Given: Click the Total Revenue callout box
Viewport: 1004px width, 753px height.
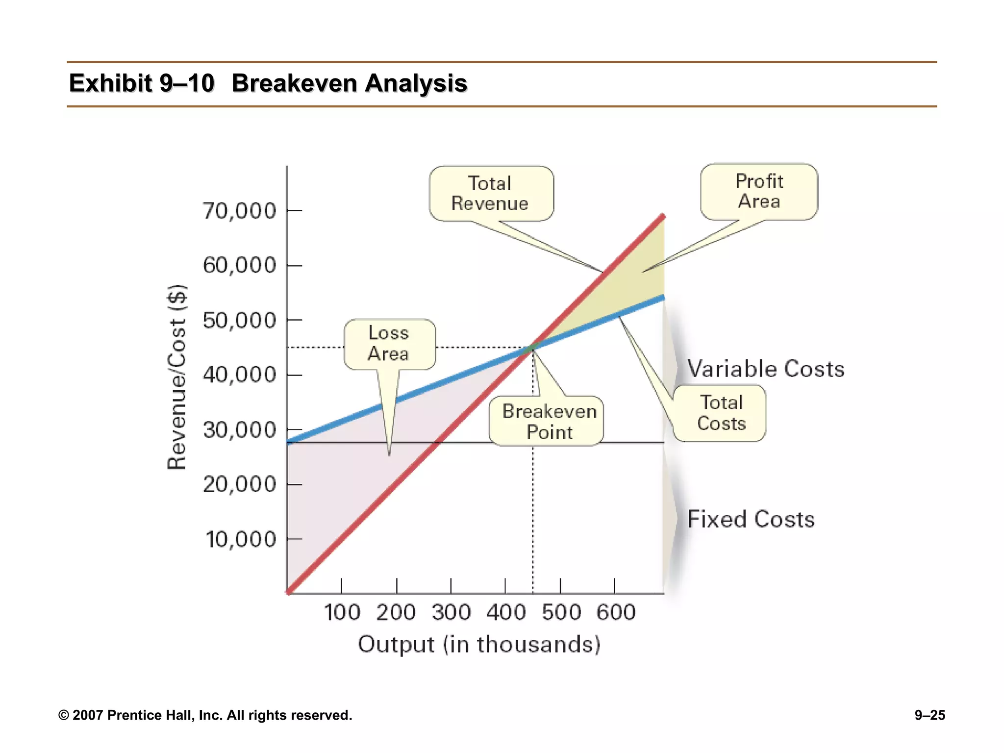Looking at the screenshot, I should (x=491, y=194).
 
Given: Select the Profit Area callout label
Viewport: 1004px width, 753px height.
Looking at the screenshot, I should (x=759, y=192).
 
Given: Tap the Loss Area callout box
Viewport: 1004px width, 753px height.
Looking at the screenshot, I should (x=389, y=344).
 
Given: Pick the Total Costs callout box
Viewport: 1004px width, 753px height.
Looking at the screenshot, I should (x=720, y=413).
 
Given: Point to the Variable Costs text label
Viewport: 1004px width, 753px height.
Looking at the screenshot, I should (x=765, y=369).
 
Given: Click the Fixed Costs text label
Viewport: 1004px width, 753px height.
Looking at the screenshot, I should (x=751, y=519).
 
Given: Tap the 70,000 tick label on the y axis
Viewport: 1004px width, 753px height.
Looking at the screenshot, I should (x=240, y=211).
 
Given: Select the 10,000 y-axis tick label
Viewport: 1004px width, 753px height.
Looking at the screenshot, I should (x=241, y=540).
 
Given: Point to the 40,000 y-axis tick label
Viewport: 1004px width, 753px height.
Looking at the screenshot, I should (x=240, y=375).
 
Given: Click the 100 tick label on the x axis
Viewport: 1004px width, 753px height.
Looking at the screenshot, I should (x=342, y=613).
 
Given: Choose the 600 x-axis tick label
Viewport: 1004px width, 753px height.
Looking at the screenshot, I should (x=616, y=613).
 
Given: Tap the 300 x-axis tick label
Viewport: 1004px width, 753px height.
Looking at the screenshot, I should (x=451, y=613).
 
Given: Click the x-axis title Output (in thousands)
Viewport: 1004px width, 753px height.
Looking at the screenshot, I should (x=479, y=644).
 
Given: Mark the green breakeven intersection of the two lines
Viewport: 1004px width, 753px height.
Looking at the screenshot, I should (x=532, y=348).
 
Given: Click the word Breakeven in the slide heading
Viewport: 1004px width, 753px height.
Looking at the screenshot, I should (x=294, y=83).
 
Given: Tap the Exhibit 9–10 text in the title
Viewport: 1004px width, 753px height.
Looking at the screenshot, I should (x=142, y=83).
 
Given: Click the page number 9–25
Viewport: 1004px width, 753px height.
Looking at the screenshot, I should (x=929, y=715).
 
